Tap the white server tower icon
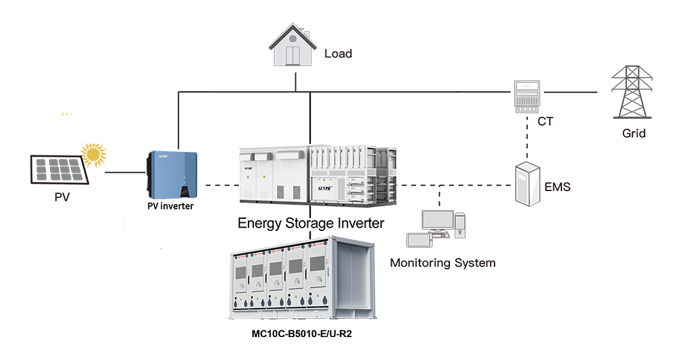(x=528, y=184)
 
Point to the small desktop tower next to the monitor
(x=460, y=225)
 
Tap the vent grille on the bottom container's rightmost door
(x=317, y=266)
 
